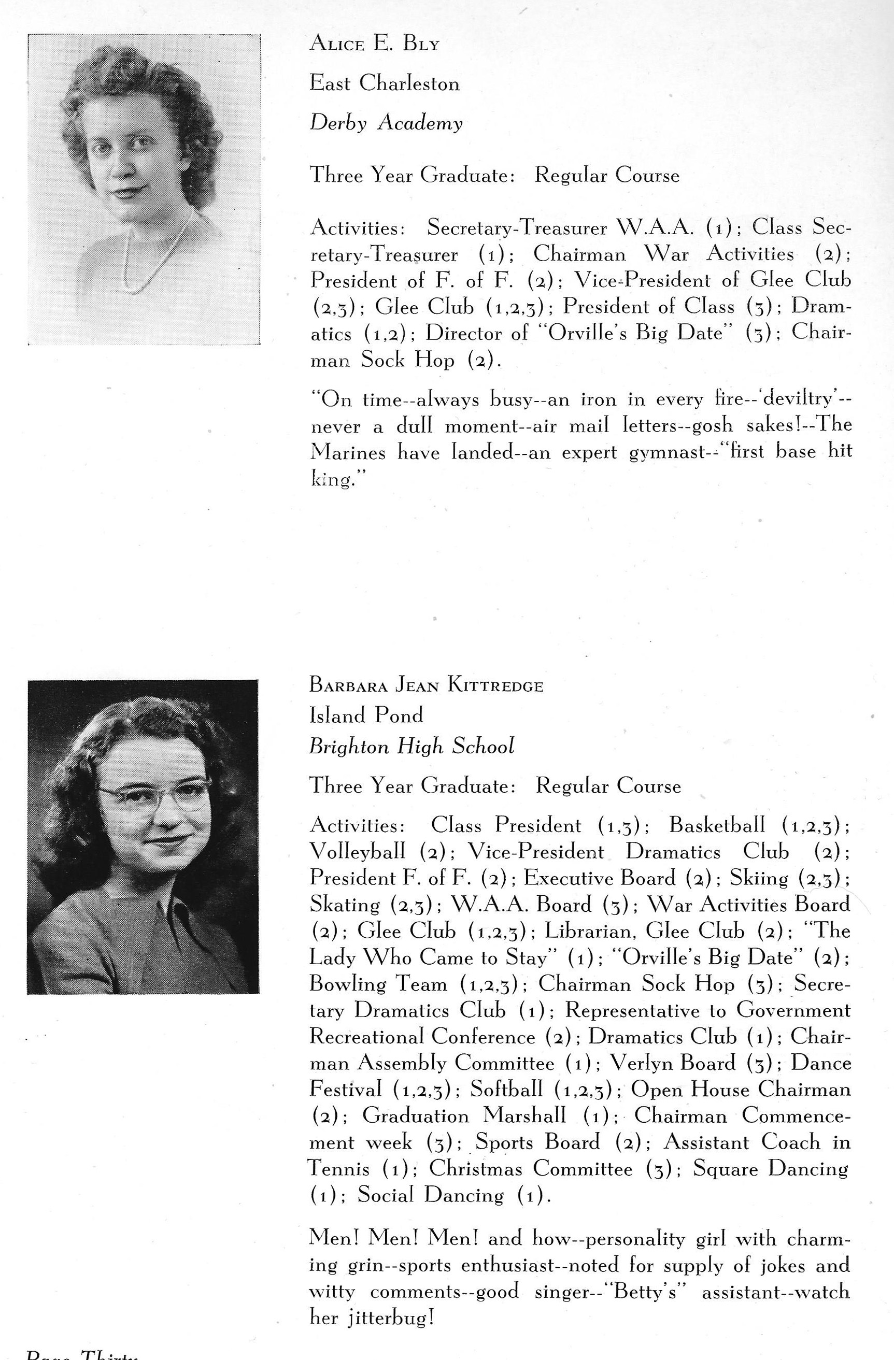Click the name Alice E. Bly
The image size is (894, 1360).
coord(374,44)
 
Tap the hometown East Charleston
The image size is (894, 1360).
coord(384,84)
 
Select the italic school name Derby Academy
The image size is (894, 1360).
coord(386,123)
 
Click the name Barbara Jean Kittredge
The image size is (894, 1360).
coord(426,685)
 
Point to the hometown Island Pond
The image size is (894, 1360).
coord(366,715)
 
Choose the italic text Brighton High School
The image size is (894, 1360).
coord(411,746)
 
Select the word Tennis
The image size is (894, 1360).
coord(339,1169)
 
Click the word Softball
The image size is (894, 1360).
coord(506,1089)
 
